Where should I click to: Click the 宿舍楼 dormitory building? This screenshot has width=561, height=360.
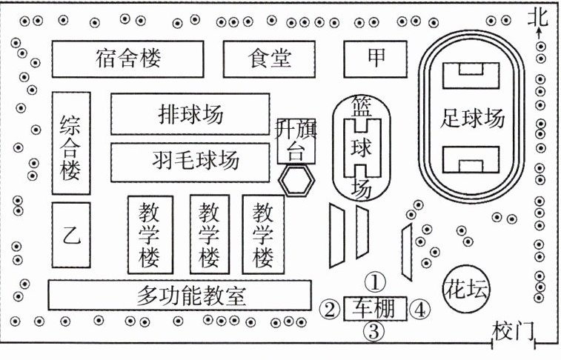127,58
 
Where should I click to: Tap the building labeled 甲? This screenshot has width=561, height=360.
376,58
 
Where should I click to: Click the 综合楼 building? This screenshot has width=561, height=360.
71,142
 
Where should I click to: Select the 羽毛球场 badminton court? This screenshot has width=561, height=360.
190,159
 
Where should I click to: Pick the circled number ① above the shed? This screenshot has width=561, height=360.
376,281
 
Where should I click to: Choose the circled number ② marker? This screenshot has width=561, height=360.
329,307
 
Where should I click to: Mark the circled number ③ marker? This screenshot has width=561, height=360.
374,331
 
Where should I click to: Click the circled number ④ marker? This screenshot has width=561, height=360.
420,307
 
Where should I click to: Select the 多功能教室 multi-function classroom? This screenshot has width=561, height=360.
179,296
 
